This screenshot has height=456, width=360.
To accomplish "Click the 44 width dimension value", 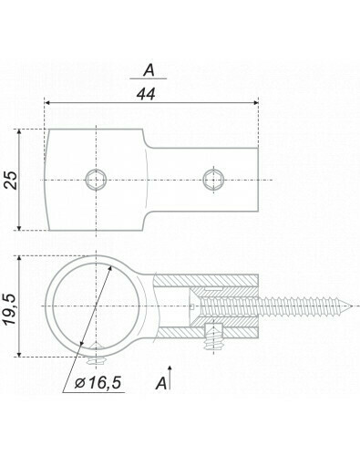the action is (146, 94).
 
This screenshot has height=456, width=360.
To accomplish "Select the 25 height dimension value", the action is (12, 181).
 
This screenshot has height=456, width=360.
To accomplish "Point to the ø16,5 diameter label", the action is (98, 382).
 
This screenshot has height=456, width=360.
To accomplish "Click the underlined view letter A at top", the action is (149, 71).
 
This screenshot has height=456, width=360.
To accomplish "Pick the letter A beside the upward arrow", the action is (161, 383).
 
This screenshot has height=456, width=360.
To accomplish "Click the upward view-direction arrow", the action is (170, 378).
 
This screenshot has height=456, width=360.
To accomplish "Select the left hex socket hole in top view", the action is (96, 180).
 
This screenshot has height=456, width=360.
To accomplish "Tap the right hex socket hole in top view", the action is (213, 180).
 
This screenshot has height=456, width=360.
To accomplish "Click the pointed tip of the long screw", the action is (352, 306).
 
